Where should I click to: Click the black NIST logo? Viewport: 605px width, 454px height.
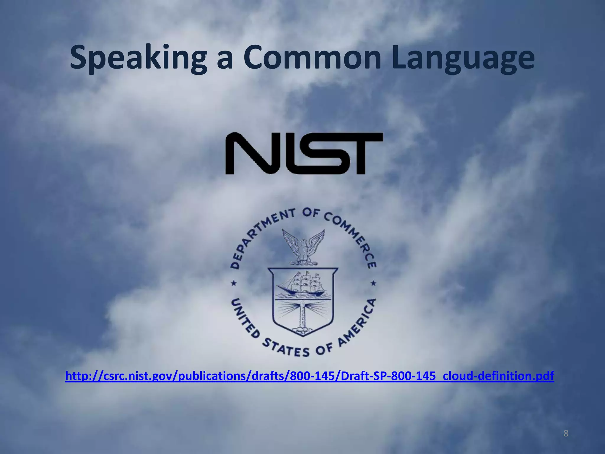pyautogui.click(x=304, y=153)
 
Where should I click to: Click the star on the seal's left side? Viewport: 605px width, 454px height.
pyautogui.click(x=234, y=283)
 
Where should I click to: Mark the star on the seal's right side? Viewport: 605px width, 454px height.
pyautogui.click(x=373, y=283)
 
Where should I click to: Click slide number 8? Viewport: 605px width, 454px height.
pyautogui.click(x=566, y=434)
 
